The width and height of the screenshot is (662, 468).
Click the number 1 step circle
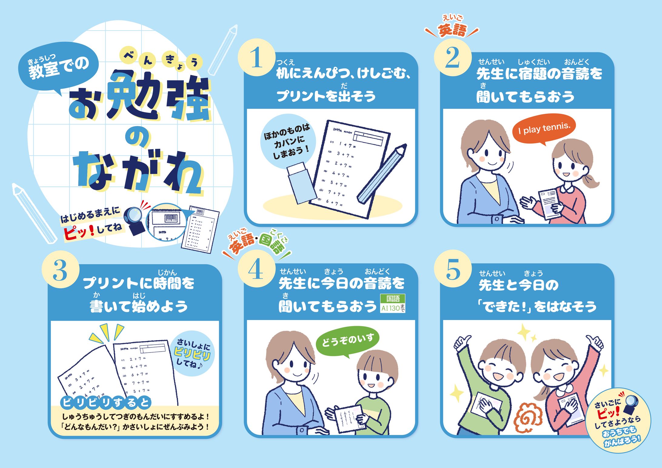256,58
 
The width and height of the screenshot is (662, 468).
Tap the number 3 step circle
60,270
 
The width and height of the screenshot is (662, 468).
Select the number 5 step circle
453,269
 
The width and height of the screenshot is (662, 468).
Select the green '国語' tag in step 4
393,299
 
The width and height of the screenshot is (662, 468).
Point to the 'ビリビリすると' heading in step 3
106,403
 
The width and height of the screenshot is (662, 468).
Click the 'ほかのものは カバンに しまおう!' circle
287,141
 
